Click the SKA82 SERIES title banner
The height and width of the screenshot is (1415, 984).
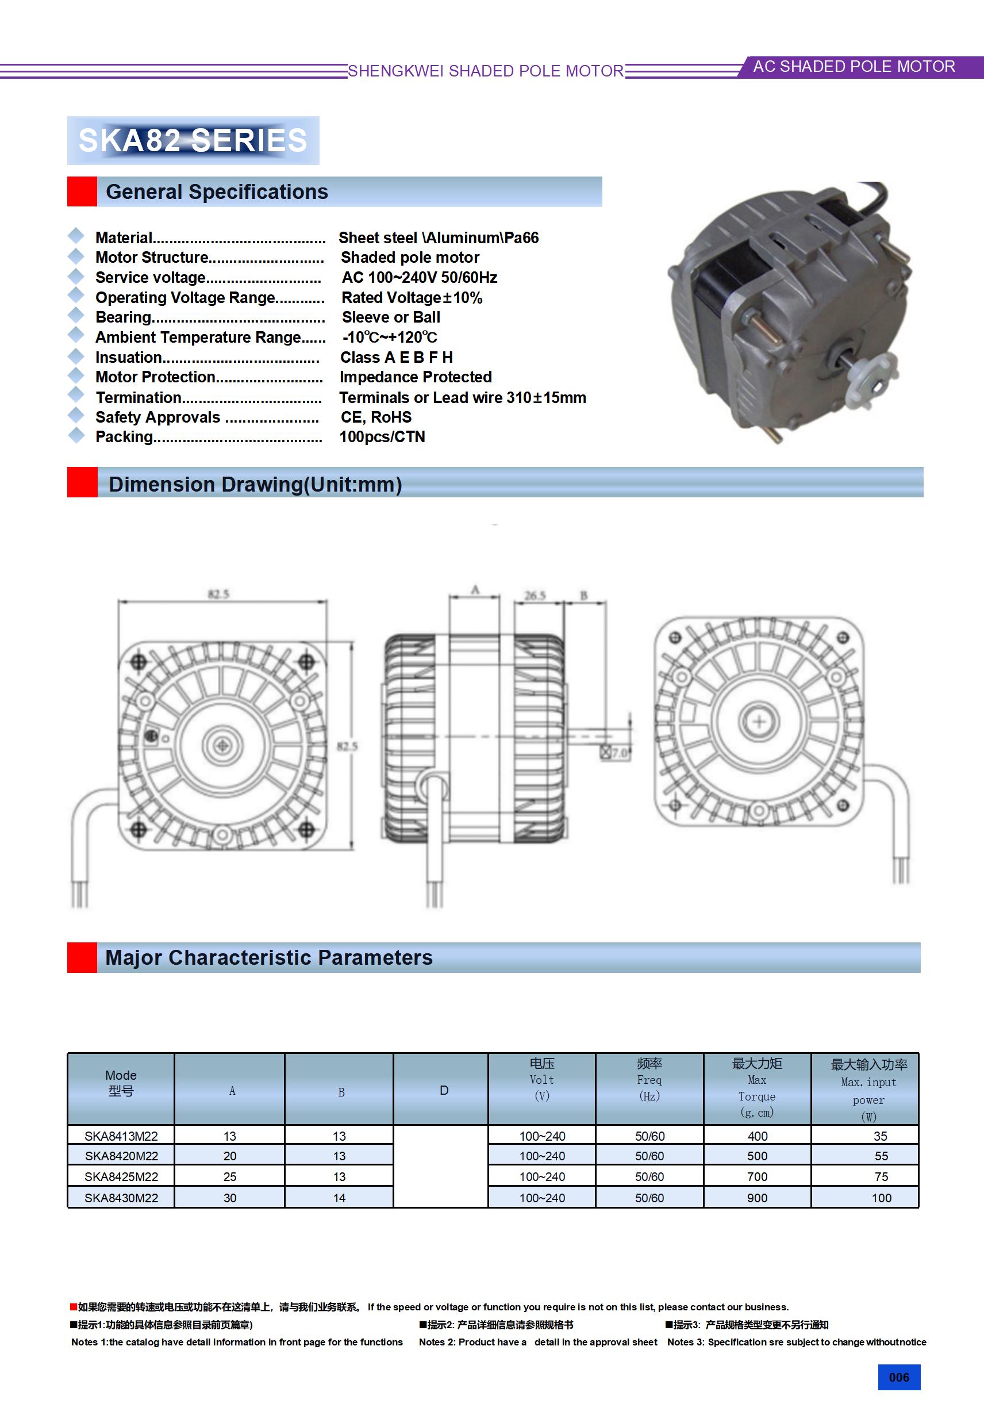click(193, 140)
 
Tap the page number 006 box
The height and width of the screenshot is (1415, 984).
click(898, 1377)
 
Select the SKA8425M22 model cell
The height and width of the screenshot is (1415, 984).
click(121, 1176)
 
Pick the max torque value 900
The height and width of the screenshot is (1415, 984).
click(758, 1198)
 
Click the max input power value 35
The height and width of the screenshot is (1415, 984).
click(881, 1136)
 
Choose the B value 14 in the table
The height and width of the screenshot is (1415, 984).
click(340, 1198)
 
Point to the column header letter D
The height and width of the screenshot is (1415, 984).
click(444, 1090)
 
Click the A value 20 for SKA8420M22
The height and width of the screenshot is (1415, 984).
click(230, 1156)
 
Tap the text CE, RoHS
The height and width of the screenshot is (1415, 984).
click(376, 417)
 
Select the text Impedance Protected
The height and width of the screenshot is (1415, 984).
click(416, 377)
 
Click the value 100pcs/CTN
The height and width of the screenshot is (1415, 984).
click(382, 437)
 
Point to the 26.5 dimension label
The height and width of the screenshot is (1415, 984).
click(535, 595)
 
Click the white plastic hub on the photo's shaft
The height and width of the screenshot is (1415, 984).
click(872, 384)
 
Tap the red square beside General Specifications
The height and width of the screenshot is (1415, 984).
click(82, 191)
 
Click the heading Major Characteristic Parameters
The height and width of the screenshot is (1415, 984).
click(268, 958)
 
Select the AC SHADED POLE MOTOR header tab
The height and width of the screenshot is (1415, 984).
click(854, 67)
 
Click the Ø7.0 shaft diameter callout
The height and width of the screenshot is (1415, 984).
click(616, 753)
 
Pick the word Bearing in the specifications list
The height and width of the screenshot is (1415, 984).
click(123, 317)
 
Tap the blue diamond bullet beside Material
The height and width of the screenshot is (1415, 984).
click(76, 235)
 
